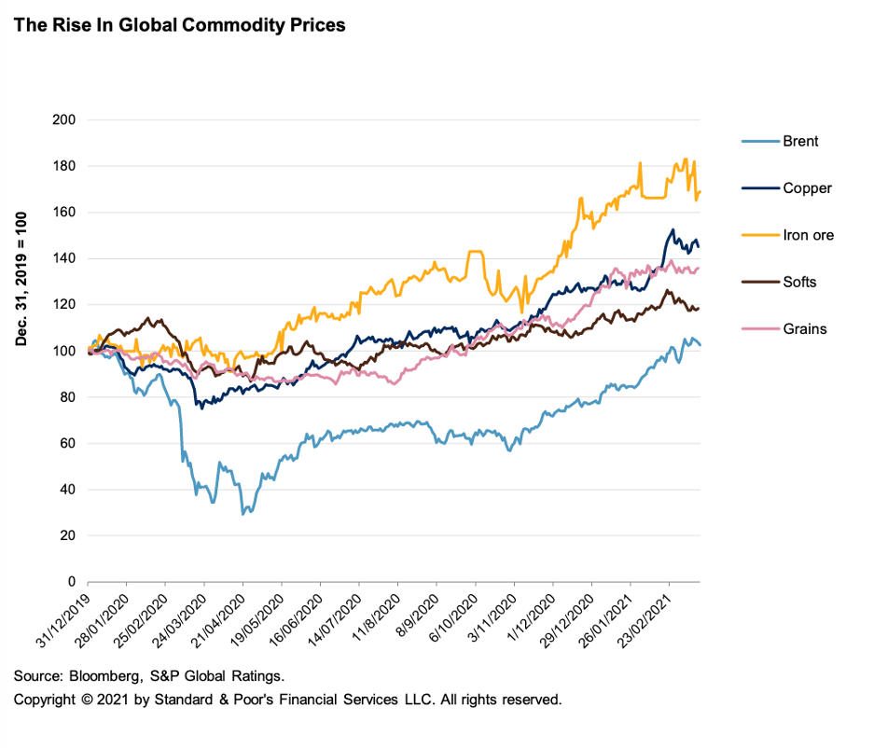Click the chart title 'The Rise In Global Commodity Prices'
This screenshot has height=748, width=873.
coord(179,25)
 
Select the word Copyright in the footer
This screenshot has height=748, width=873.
coord(44,699)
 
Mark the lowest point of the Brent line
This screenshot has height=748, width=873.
coord(243,514)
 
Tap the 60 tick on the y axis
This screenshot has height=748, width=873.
coord(67,443)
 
